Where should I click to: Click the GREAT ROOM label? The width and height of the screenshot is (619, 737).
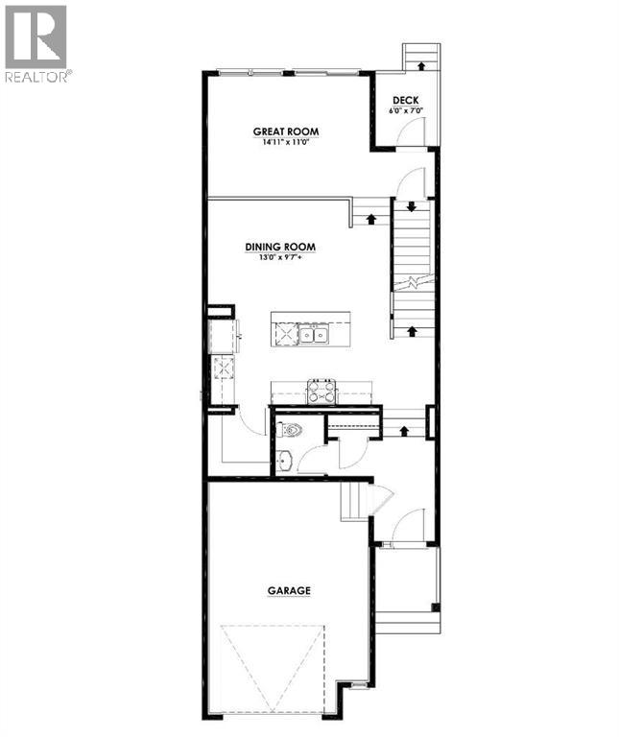(x=285, y=131)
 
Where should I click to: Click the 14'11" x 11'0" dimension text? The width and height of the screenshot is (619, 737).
(x=285, y=142)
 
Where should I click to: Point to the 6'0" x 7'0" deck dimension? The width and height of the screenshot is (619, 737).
(x=405, y=111)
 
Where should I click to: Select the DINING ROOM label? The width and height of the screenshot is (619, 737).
(x=279, y=247)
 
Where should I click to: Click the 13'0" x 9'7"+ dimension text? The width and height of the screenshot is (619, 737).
(x=279, y=257)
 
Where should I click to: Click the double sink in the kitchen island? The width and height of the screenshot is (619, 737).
(x=312, y=334)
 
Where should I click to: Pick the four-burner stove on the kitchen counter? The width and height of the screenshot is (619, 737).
(x=321, y=391)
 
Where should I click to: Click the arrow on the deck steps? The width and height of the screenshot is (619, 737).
(x=418, y=65)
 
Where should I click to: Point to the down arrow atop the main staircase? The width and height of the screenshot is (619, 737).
(x=411, y=206)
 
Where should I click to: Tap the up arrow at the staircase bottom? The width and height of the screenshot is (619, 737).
(x=411, y=331)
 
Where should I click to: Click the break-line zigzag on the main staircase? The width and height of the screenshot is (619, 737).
(x=411, y=282)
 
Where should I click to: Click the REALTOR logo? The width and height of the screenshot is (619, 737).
(x=36, y=43)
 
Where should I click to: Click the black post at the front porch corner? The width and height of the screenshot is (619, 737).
(x=435, y=607)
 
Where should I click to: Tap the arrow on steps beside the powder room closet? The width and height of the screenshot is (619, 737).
(x=403, y=430)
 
